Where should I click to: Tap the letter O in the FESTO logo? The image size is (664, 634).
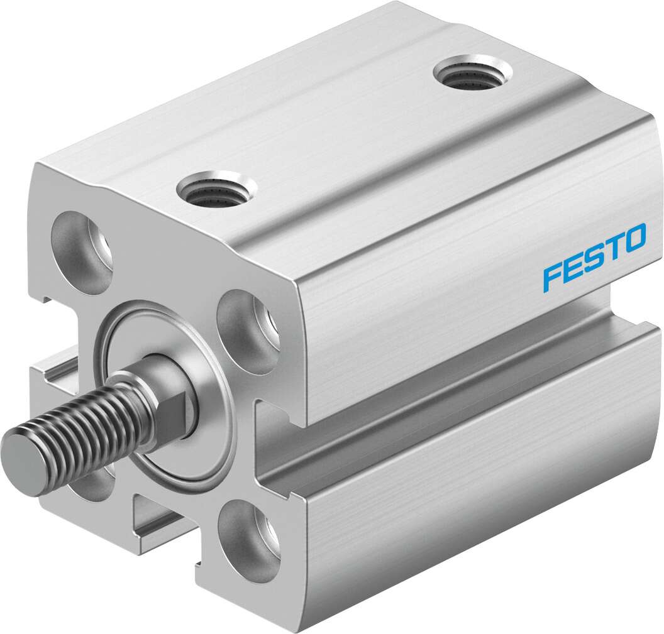point(633,238)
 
